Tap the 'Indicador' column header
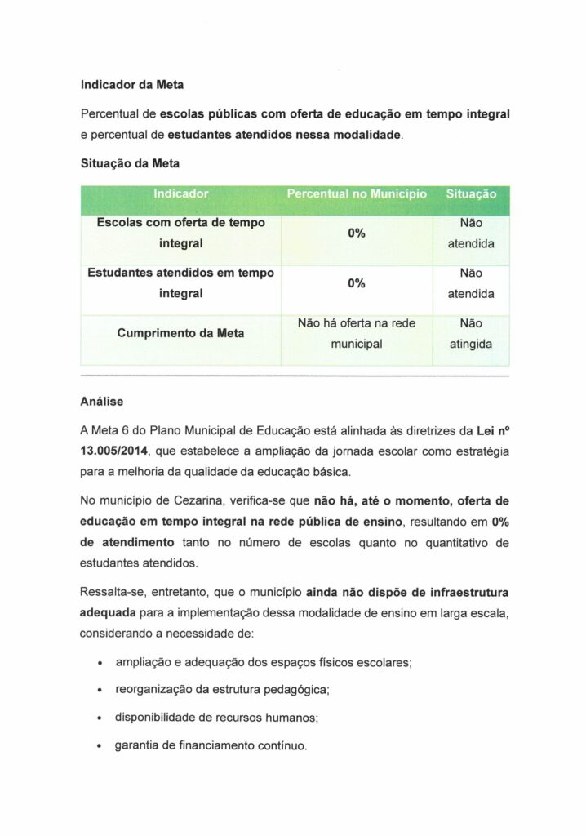180,194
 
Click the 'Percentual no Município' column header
356,194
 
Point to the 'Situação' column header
471,194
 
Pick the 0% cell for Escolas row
356,233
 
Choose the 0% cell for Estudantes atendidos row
356,283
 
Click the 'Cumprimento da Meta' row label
180,333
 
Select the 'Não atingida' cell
471,334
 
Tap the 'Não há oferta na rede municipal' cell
356,334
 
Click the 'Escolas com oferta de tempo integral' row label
180,233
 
